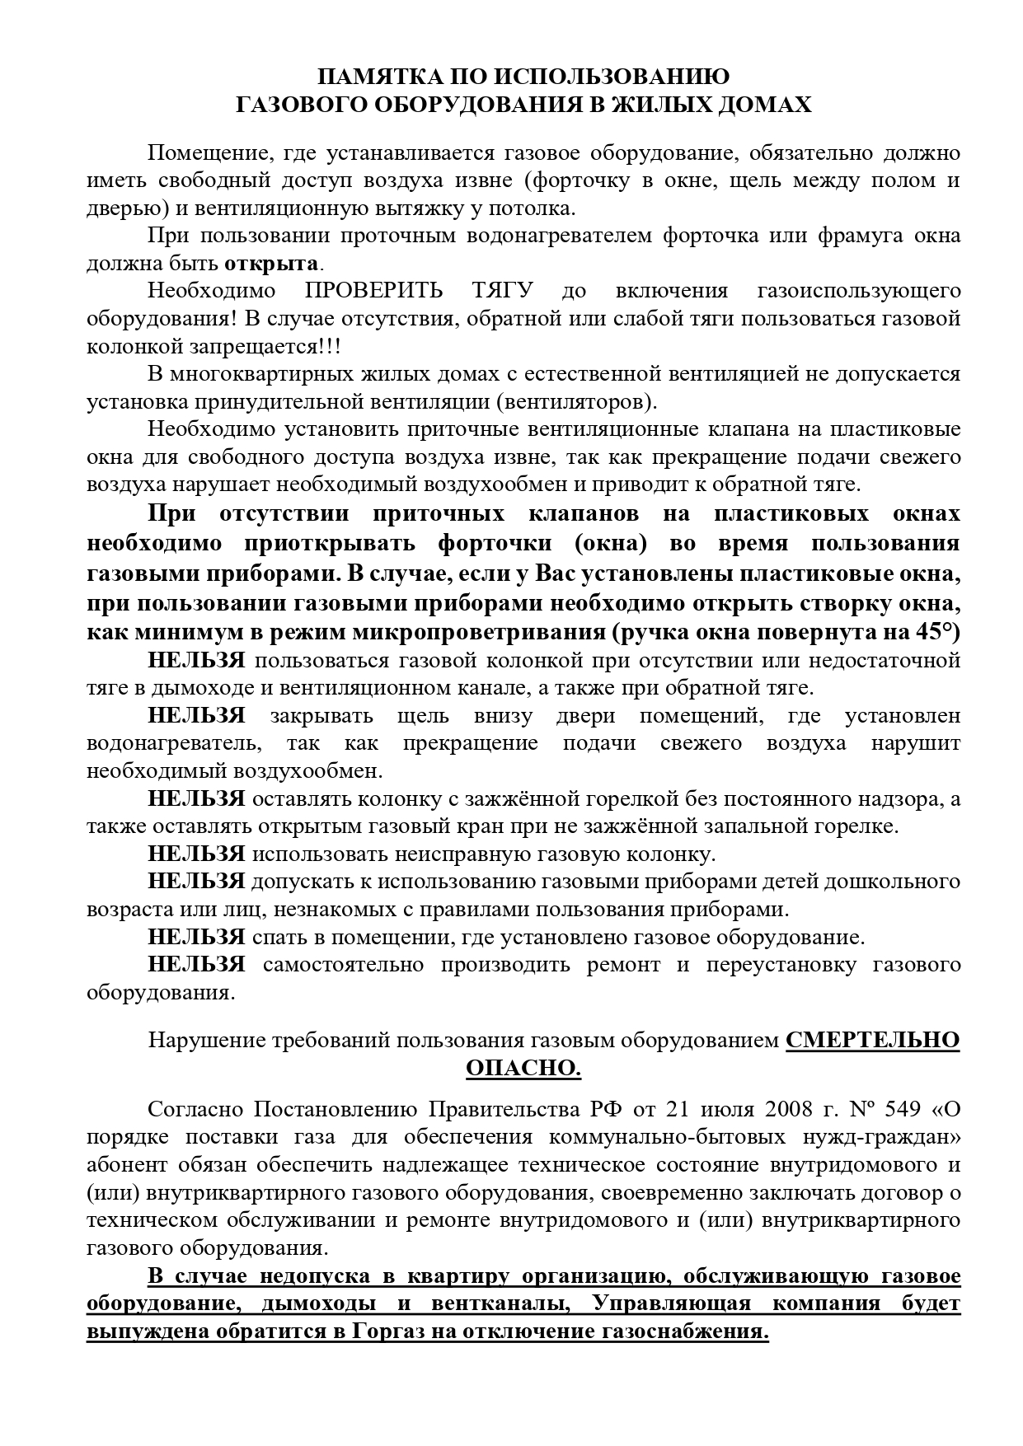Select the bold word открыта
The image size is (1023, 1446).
[x=271, y=264]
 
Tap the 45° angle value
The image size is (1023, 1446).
[x=938, y=632]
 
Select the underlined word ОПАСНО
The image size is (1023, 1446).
[x=523, y=1068]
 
